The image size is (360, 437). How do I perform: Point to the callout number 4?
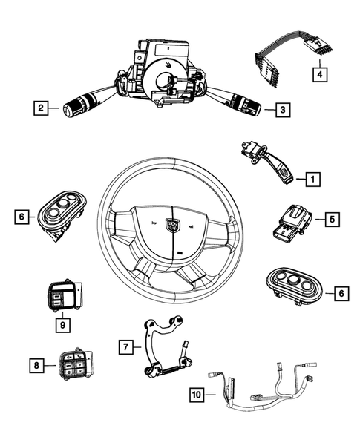318,74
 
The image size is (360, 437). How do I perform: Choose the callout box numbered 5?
331,219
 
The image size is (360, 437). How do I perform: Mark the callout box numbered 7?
126,346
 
